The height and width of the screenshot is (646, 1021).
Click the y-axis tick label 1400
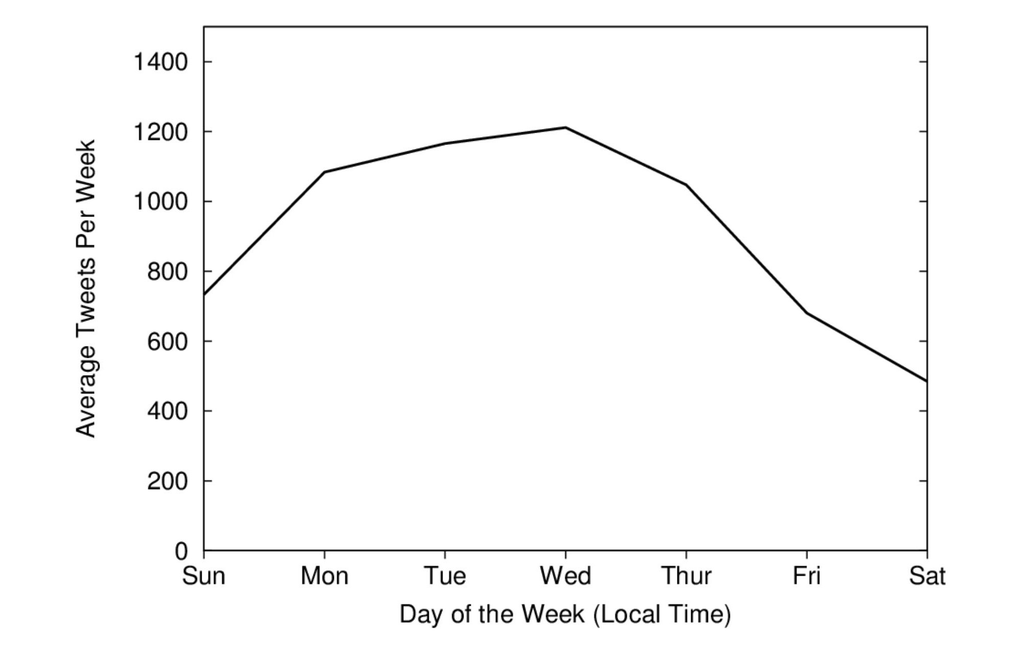point(160,62)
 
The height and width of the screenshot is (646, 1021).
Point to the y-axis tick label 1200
point(160,132)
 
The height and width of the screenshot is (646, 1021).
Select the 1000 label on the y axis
point(160,202)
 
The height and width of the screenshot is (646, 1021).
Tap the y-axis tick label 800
point(167,272)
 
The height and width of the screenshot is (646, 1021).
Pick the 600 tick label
point(167,341)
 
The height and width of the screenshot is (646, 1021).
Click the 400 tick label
point(167,411)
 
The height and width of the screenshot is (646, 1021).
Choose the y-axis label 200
point(167,481)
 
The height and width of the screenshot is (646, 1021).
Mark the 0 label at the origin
point(181,551)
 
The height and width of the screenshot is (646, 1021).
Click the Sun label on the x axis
point(204,576)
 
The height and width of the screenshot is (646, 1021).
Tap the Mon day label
point(325,576)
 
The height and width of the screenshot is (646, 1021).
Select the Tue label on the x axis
point(445,576)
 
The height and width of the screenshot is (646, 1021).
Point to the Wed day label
point(566,576)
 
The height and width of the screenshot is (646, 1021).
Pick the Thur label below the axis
point(686,576)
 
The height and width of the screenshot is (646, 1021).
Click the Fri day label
point(807,576)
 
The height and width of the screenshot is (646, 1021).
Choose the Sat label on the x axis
point(927,576)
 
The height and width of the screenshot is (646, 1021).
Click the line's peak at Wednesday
point(566,128)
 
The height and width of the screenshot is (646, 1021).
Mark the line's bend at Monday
point(325,172)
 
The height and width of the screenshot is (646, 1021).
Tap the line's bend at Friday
point(807,313)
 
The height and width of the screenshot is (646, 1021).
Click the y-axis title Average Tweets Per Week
point(86,288)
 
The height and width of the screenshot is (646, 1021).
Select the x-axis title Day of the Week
point(565,614)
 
